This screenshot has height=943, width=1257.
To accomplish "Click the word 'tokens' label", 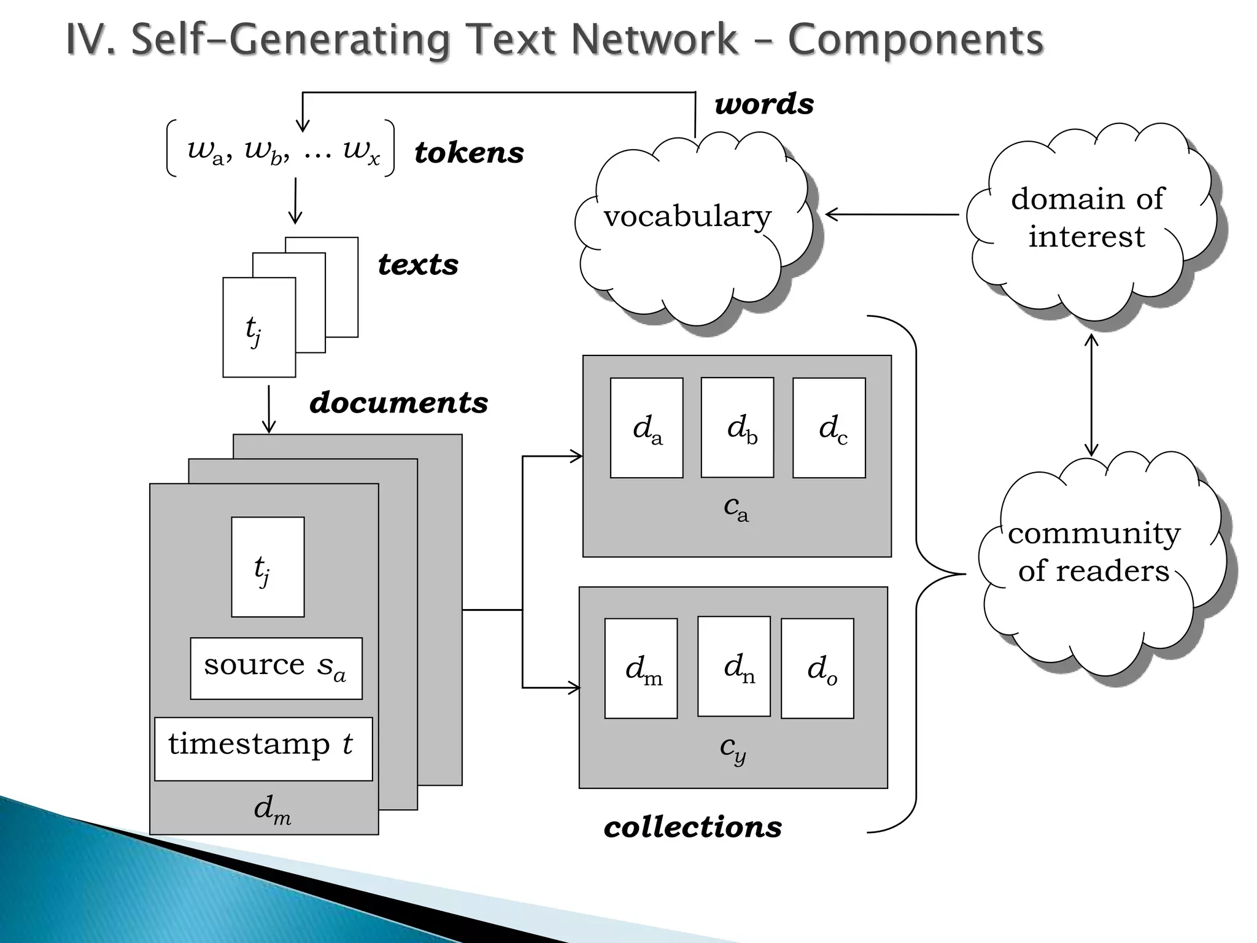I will coord(469,153).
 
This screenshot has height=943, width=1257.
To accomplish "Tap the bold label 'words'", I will coord(764,104).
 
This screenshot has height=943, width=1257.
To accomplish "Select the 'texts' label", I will coord(418,265).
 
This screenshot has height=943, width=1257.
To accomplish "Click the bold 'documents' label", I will coord(399,403).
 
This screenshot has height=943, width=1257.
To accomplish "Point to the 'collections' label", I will coord(693,827).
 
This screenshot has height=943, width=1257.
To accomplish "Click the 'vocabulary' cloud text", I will coord(687,216).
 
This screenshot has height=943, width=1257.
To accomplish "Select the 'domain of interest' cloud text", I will coord(1087,217).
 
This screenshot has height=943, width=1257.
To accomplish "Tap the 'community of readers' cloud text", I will coord(1094,551).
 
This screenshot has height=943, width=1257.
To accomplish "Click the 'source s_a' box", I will coord(276,668).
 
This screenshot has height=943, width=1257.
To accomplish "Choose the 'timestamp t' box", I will coord(263,748).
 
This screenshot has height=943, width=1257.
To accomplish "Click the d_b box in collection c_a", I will coord(737,427).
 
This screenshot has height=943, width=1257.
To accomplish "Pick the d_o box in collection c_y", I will coord(817,668).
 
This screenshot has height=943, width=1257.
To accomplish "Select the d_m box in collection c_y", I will coord(641,668).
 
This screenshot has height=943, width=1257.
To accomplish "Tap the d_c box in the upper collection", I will coord(829,427).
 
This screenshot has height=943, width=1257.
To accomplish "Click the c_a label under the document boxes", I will coord(736,508).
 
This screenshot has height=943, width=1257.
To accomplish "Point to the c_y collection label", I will coord(733,748).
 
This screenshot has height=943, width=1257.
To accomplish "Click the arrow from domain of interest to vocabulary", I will coord(892,214).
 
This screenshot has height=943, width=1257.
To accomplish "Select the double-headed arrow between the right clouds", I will coord(1091,395).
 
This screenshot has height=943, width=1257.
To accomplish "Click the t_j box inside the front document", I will coord(268,567).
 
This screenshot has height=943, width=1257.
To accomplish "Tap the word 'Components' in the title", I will coord(915,40).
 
